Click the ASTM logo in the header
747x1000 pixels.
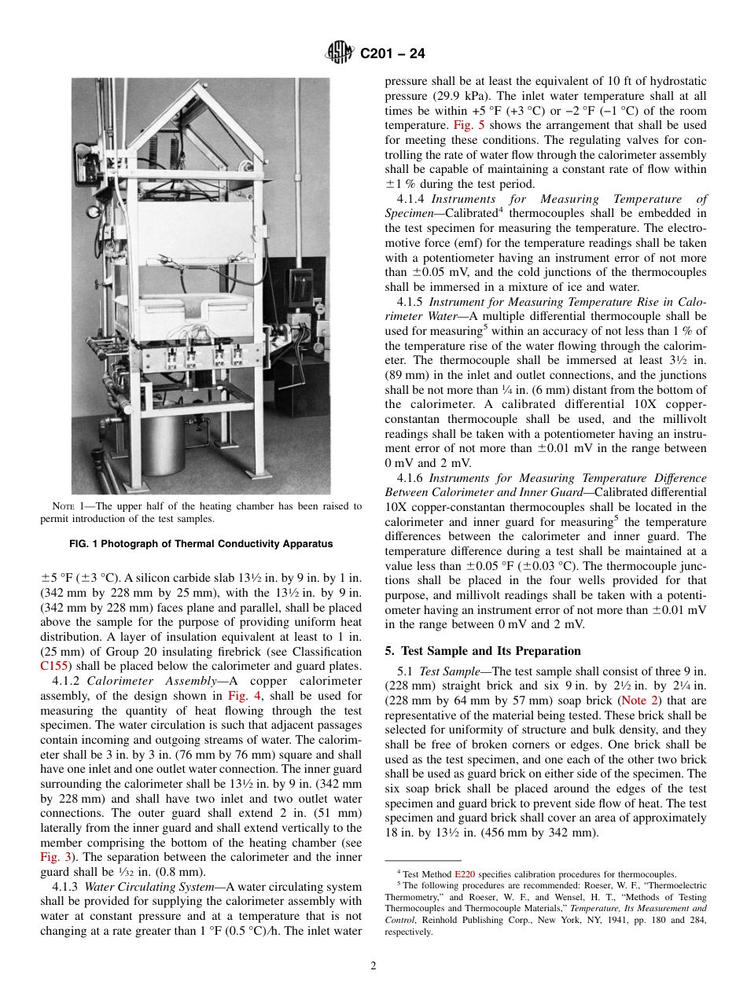(x=340, y=53)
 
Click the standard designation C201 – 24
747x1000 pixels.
(x=392, y=54)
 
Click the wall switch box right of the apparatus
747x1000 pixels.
(x=299, y=290)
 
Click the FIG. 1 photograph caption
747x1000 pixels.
(x=201, y=544)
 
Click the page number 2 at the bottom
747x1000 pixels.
(x=373, y=966)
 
